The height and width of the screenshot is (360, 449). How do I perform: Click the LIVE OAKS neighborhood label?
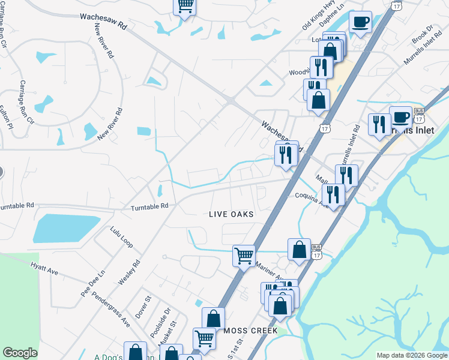(x=231, y=214)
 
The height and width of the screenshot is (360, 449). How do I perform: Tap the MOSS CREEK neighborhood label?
(x=250, y=331)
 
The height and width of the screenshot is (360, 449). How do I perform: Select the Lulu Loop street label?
(x=121, y=237)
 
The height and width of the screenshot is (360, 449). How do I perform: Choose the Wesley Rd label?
(x=129, y=272)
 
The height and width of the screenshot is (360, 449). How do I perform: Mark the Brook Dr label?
(x=423, y=34)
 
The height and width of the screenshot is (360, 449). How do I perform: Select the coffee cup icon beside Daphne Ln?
(x=360, y=22)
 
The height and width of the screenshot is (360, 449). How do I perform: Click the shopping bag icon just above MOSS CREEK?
(x=213, y=318)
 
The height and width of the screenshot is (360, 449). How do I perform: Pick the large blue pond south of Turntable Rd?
(x=65, y=229)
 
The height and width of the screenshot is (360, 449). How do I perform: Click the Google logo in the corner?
(x=20, y=353)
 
